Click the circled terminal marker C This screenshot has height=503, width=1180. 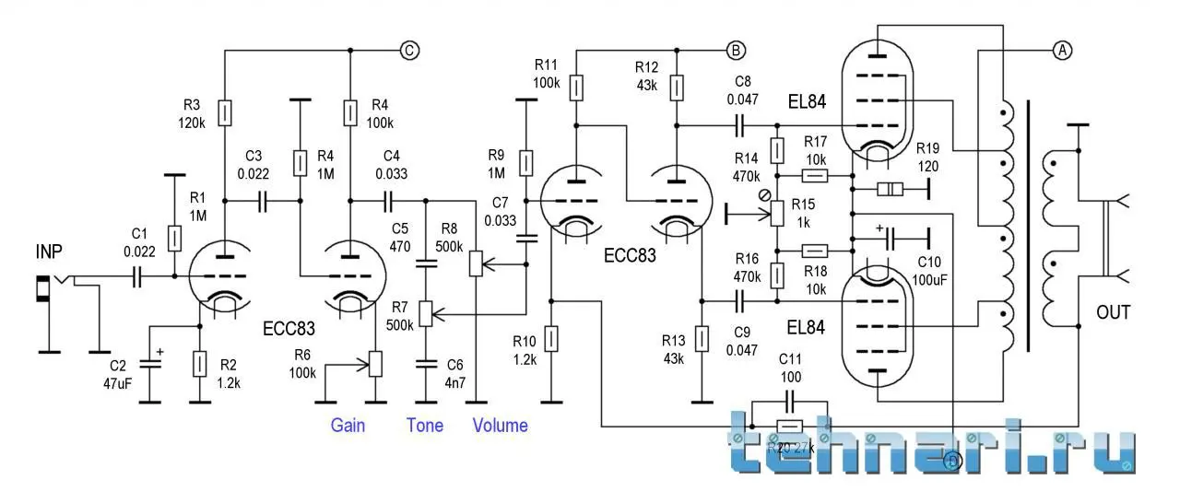point(409,51)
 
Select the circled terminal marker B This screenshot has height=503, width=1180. point(736,50)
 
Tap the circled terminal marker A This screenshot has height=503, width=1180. point(1062,51)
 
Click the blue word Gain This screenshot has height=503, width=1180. point(348,426)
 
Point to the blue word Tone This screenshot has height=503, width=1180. point(425,426)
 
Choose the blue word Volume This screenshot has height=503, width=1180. point(500,426)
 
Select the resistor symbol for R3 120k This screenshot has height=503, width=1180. point(225,113)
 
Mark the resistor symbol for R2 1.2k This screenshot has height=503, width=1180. point(199,365)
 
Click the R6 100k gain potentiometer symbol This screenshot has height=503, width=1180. point(375,363)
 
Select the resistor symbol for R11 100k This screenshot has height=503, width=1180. point(576,88)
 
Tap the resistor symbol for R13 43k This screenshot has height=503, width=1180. point(702,338)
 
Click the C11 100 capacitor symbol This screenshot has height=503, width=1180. point(789,401)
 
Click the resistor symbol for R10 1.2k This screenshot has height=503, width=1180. point(551,339)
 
